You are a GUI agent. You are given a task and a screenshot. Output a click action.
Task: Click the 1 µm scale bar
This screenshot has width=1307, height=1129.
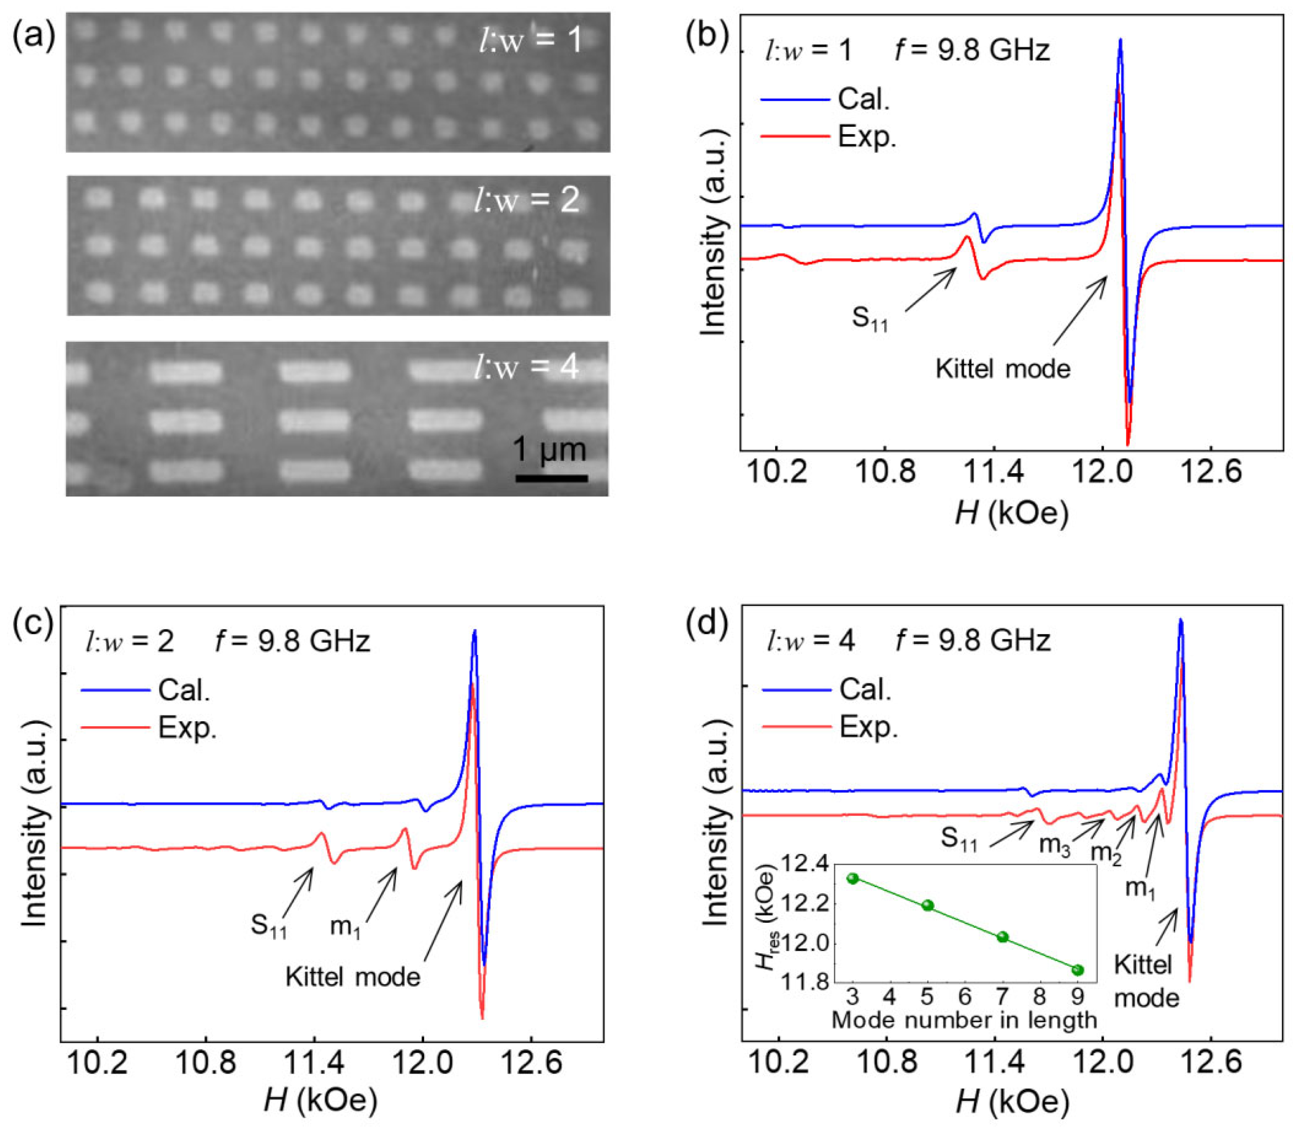[x=551, y=478]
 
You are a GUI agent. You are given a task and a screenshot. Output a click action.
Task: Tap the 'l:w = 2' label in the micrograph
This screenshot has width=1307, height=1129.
[x=527, y=200]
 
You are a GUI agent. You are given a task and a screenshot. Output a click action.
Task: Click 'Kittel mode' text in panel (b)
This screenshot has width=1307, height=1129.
[x=1002, y=369]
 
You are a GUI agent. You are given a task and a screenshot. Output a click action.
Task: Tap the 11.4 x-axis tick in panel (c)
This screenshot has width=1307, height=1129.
[x=314, y=1064]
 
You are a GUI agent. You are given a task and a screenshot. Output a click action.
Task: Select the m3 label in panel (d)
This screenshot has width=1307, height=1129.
[x=1055, y=844]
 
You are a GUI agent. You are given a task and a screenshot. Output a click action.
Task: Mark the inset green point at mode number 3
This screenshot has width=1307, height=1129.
[x=853, y=879]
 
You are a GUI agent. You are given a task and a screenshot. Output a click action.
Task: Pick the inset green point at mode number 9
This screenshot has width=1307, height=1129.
[x=1078, y=970]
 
